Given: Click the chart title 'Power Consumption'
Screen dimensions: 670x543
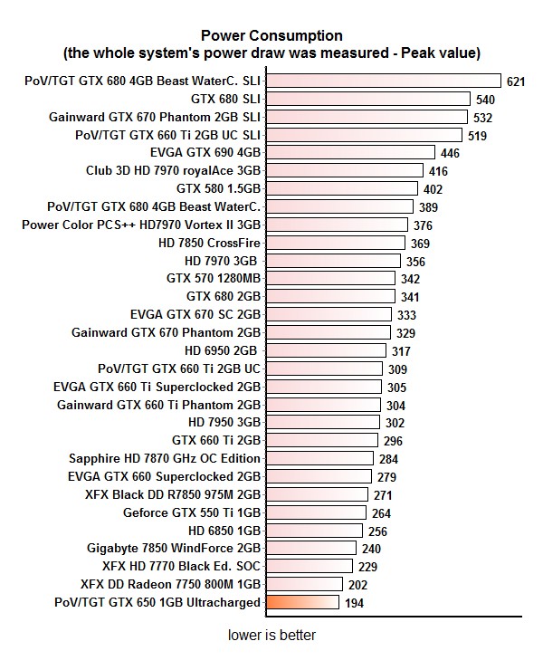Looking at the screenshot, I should [271, 35].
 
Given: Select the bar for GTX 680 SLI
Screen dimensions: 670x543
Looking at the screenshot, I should [367, 99].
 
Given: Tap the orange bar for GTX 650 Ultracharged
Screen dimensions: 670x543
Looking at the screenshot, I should [302, 602].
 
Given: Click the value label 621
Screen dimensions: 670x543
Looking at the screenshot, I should [516, 81].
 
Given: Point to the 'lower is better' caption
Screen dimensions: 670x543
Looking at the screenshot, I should [271, 636].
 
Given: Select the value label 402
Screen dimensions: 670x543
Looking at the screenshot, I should [433, 189].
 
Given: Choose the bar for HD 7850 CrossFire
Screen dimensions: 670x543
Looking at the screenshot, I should [336, 243].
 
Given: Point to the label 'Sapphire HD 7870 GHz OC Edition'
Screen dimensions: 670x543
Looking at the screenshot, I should [165, 459].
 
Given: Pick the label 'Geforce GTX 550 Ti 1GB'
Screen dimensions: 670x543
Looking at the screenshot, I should [192, 512].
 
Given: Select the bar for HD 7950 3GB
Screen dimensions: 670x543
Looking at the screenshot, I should [322, 422].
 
